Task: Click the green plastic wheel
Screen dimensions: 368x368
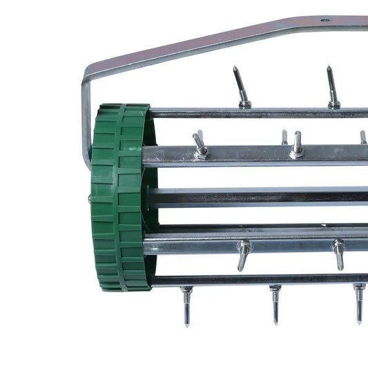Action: [119, 197]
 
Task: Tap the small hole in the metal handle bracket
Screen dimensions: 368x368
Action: [325, 21]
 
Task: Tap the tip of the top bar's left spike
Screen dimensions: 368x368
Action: [235, 68]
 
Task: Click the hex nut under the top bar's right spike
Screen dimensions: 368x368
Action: [334, 104]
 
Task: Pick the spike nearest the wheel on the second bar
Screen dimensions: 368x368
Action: [200, 146]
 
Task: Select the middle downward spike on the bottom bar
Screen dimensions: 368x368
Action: [275, 304]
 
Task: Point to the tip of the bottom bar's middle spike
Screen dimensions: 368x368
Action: [275, 322]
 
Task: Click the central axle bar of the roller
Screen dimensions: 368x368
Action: [262, 197]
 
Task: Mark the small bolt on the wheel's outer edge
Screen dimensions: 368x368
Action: [89, 199]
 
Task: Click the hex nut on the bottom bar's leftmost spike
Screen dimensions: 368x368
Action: [186, 291]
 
